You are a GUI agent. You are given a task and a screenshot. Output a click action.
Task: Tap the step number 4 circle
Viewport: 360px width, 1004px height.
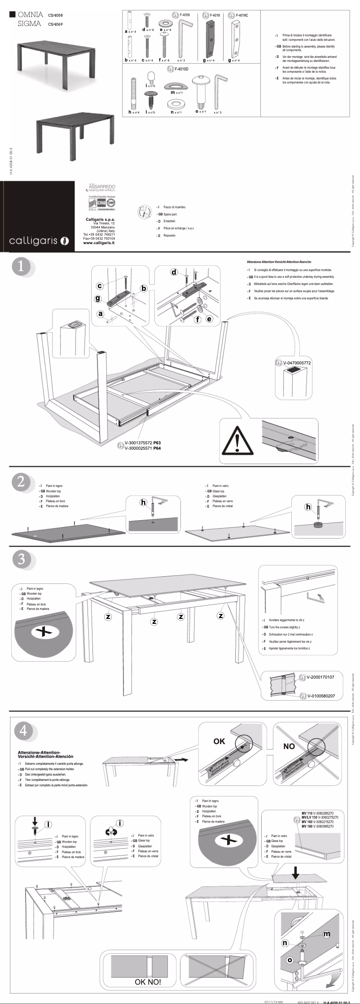pyautogui.click(x=23, y=730)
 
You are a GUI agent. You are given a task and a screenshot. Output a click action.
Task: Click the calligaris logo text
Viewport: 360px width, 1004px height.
pyautogui.click(x=34, y=241)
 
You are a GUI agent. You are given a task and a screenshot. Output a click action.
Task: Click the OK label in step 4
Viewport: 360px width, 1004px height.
pyautogui.click(x=219, y=741)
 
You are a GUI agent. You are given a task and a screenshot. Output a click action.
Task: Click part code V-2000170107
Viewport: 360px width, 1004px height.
pyautogui.click(x=323, y=676)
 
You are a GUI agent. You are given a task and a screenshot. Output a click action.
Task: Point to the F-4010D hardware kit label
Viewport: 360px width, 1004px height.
pyautogui.click(x=181, y=69)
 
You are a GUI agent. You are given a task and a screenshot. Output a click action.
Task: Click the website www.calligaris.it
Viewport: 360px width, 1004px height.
pyautogui.click(x=98, y=242)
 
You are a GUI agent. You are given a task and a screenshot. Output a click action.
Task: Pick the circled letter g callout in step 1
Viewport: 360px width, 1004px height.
pyautogui.click(x=98, y=298)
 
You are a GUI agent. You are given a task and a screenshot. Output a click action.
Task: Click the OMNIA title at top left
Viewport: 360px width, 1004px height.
pyautogui.click(x=30, y=14)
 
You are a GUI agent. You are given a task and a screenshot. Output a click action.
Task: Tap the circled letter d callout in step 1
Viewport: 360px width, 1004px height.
pyautogui.click(x=174, y=272)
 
